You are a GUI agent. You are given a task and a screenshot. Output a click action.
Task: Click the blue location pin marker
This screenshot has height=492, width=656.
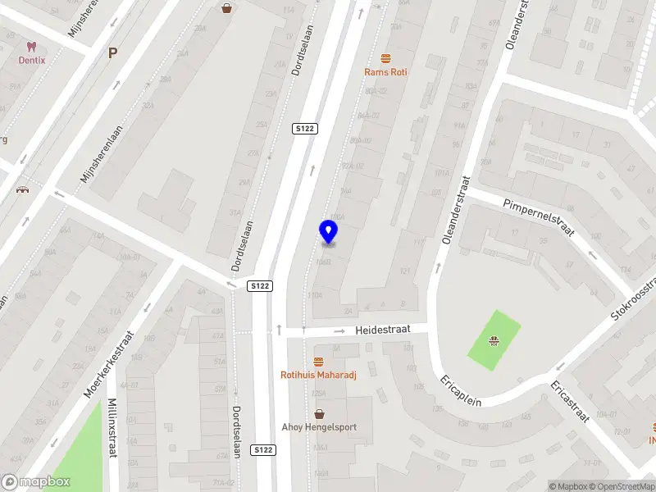point(328,232)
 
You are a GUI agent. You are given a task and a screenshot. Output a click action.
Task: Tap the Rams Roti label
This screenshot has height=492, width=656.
point(385,72)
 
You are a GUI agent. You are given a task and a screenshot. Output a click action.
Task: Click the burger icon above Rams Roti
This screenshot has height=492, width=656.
point(385,57)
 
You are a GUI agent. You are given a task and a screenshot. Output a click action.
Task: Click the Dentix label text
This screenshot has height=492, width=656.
point(33,60)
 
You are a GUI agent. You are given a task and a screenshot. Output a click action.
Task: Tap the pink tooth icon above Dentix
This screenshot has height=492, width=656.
point(32,47)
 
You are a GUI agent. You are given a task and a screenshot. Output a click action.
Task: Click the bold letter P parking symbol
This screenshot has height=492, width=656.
point(113,52)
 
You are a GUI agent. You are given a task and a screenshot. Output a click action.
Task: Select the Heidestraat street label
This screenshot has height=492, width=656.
point(381,330)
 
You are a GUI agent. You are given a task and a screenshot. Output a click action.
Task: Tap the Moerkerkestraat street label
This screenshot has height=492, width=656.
point(108,365)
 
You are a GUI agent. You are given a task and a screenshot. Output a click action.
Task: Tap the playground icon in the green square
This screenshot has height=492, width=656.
point(494,340)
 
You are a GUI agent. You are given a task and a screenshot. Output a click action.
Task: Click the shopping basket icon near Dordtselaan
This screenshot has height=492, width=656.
point(227,8)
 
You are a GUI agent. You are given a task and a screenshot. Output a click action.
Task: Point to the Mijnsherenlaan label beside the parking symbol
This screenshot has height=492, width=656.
point(95,153)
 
